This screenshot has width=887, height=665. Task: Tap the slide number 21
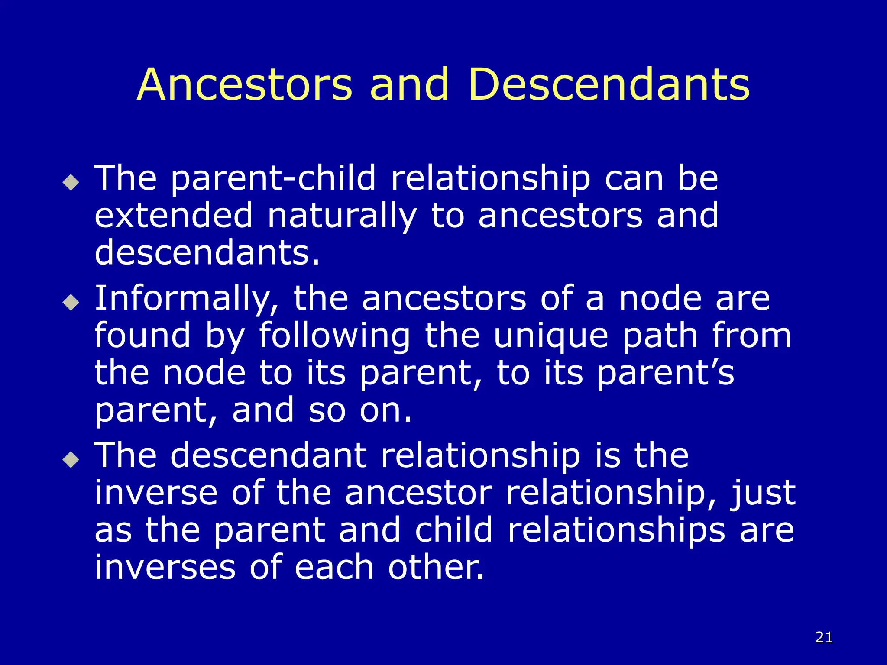click(x=824, y=637)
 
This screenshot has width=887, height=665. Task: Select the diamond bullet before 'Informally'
click(x=71, y=302)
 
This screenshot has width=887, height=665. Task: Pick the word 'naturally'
click(x=342, y=216)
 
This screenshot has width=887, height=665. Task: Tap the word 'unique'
click(x=551, y=336)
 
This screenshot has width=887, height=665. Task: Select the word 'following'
click(x=334, y=336)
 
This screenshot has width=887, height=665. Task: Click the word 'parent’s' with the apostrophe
click(x=666, y=373)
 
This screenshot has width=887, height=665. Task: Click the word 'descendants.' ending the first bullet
click(x=207, y=253)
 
